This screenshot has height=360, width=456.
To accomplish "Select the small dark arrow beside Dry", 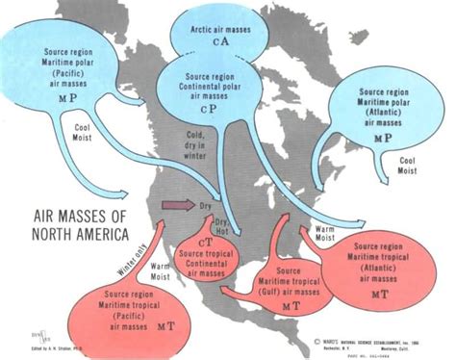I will point(176,205).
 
